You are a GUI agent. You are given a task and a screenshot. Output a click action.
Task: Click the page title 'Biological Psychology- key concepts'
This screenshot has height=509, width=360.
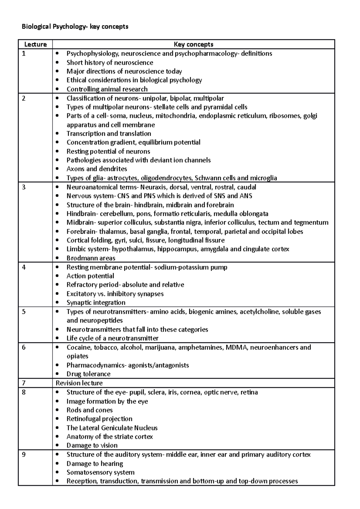[x=75, y=27]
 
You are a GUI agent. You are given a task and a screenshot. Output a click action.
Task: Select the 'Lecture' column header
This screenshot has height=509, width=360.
[x=35, y=44]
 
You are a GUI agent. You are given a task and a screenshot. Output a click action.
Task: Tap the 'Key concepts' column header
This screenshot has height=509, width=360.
[x=193, y=44]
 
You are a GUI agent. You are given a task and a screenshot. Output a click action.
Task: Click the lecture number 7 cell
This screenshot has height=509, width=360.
[x=24, y=383]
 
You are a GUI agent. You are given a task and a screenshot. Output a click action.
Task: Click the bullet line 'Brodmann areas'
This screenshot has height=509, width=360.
[x=91, y=258]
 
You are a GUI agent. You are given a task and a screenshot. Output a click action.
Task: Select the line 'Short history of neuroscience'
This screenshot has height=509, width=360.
[x=110, y=62]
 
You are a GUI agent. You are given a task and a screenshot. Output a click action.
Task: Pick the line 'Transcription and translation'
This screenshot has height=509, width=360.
[x=109, y=133]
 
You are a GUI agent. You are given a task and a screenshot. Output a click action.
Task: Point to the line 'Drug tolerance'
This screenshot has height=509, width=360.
[x=88, y=374]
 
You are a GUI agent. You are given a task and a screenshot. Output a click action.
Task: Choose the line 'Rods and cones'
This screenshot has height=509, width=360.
[x=89, y=410]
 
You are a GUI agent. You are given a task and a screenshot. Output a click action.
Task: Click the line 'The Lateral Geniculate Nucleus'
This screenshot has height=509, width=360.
[x=112, y=427]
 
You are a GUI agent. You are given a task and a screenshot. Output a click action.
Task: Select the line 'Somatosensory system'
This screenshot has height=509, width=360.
[x=100, y=472]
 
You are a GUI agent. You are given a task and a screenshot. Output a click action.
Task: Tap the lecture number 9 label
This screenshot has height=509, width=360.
[x=24, y=454]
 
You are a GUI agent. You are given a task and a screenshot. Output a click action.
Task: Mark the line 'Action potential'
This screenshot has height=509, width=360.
[x=90, y=276]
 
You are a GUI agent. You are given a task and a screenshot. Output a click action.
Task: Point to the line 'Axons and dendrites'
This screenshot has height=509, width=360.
[x=97, y=169]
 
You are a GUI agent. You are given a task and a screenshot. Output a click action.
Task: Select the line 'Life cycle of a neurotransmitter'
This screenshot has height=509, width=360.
[x=112, y=338]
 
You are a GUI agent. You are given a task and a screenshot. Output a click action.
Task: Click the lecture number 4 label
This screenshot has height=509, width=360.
[x=24, y=267]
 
